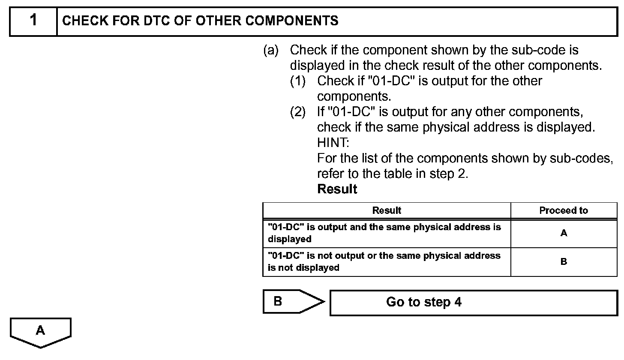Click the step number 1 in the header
pyautogui.click(x=33, y=20)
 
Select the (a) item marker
pyautogui.click(x=270, y=50)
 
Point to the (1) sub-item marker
pyautogui.click(x=298, y=81)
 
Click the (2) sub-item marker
pyautogui.click(x=298, y=112)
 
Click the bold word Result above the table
pyautogui.click(x=337, y=189)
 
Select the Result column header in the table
pyautogui.click(x=387, y=210)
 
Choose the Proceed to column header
pyautogui.click(x=564, y=210)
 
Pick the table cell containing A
pyautogui.click(x=564, y=233)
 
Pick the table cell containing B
pyautogui.click(x=564, y=261)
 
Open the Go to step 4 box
pyautogui.click(x=474, y=303)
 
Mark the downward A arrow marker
pyautogui.click(x=40, y=332)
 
